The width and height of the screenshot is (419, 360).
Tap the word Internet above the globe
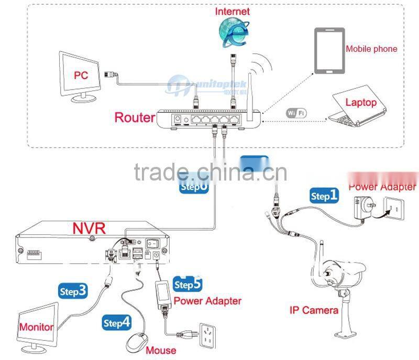point(232,11)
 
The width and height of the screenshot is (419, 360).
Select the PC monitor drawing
point(80,75)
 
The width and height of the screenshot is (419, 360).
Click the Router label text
point(135,117)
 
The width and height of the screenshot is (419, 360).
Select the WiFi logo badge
point(296,113)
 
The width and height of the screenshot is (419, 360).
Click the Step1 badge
point(324,196)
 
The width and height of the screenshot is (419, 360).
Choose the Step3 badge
point(73,291)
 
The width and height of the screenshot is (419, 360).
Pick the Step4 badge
point(116,323)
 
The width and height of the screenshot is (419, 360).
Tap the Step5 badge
point(188,284)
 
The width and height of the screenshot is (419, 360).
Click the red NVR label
point(89,228)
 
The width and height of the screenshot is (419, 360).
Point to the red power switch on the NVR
point(152,244)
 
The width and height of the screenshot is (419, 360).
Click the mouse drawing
point(137,342)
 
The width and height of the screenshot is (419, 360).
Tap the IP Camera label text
point(314,310)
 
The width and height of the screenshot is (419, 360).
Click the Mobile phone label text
point(371,49)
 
